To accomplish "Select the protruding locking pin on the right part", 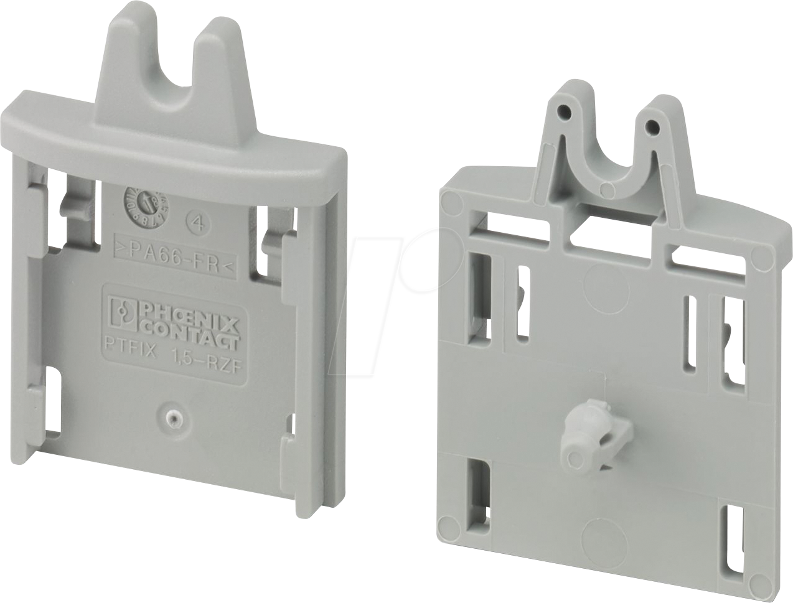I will pyautogui.click(x=576, y=439).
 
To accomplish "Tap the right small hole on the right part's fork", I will pyautogui.click(x=652, y=126).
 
